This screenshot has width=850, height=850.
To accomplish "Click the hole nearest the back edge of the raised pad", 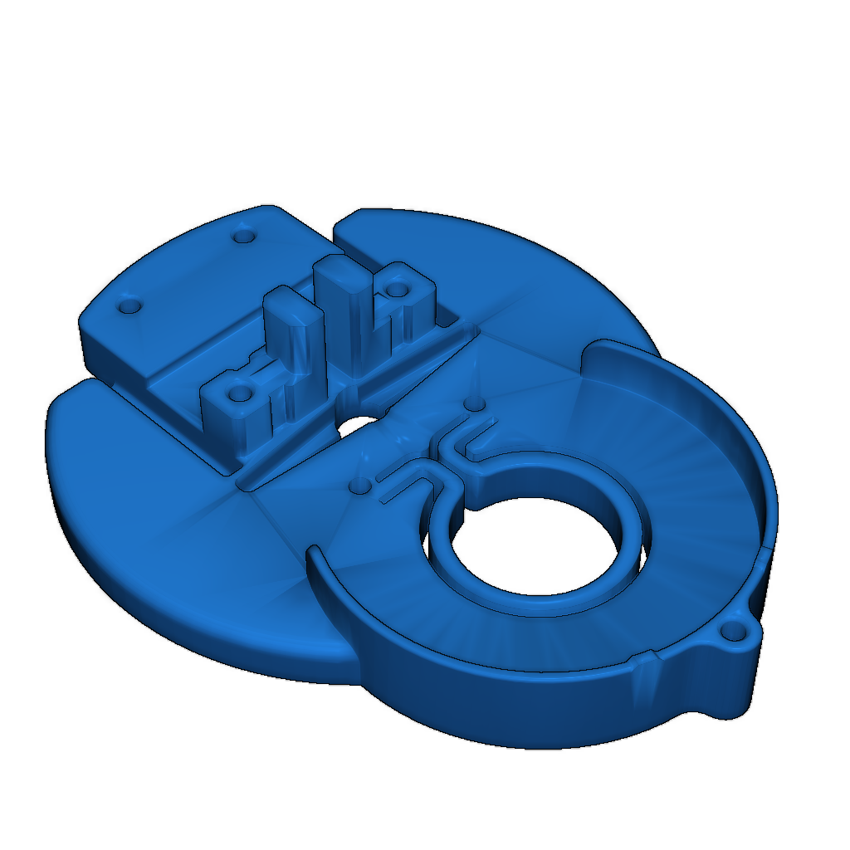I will (x=242, y=237).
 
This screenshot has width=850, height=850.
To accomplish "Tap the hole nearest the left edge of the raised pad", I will (x=128, y=306).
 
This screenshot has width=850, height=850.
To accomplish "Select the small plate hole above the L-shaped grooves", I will (x=474, y=403).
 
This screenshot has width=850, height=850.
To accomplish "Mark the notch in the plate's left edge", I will (x=83, y=383).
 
